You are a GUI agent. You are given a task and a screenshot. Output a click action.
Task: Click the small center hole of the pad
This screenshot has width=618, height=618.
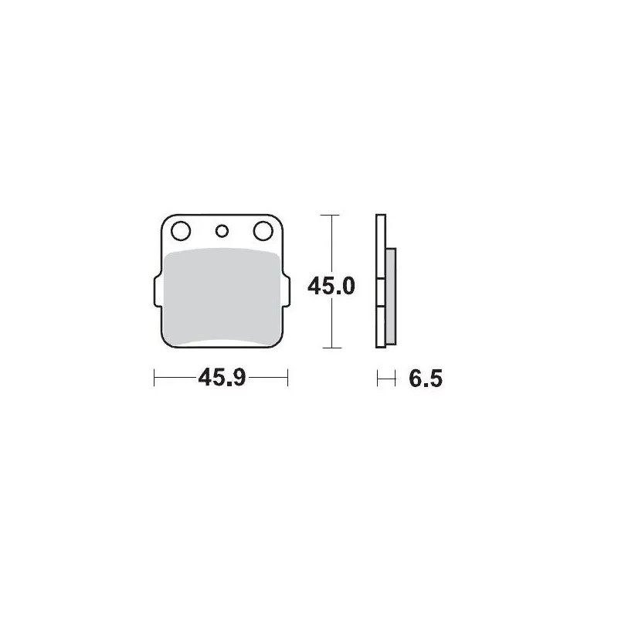222,229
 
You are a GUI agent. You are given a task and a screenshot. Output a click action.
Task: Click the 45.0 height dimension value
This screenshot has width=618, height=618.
331,287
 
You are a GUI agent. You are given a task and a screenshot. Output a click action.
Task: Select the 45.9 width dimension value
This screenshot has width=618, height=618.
222,379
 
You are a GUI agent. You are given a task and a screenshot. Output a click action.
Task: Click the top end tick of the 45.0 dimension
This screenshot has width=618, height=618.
331,214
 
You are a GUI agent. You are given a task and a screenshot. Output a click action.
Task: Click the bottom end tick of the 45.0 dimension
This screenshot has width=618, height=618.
331,348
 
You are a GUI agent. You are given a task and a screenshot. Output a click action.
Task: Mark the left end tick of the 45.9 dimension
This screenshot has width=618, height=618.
155,379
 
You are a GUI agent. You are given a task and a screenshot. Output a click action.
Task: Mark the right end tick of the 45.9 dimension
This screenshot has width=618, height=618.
287,379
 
